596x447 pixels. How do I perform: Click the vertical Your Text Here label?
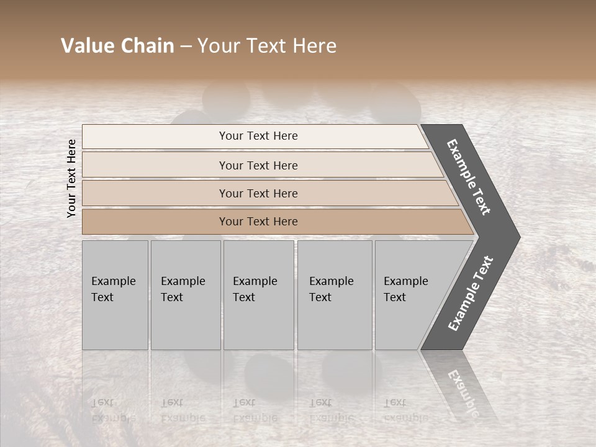(x=71, y=178)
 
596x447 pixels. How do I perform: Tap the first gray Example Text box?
(x=115, y=295)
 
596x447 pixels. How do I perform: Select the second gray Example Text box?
(x=186, y=295)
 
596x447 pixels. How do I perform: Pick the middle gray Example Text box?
(x=258, y=295)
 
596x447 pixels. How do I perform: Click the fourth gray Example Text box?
(x=335, y=295)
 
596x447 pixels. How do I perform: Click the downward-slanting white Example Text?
(x=469, y=177)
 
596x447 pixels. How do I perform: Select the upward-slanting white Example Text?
(x=471, y=294)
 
